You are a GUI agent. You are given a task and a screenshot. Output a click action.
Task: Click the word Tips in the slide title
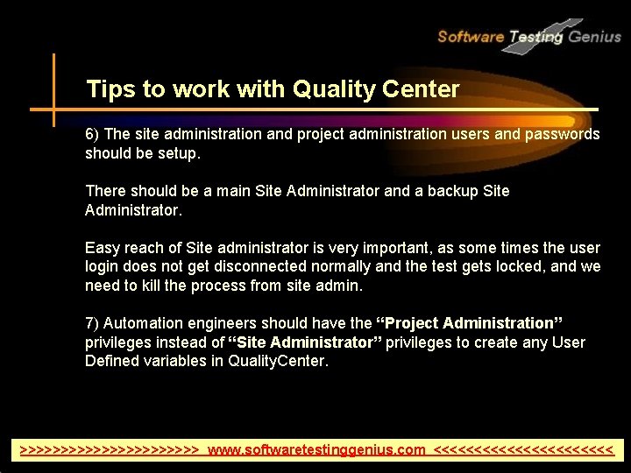click(x=108, y=89)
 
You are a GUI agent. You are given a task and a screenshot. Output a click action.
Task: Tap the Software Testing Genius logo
click(x=528, y=37)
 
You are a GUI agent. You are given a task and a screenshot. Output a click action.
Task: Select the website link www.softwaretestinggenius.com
click(x=316, y=450)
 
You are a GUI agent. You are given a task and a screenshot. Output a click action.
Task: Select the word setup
click(x=181, y=154)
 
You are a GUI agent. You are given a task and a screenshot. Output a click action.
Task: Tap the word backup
click(x=451, y=191)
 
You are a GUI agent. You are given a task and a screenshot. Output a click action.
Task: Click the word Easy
click(x=102, y=248)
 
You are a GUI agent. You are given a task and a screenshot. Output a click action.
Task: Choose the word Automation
click(x=143, y=324)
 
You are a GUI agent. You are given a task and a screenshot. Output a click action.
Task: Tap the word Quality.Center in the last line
click(x=278, y=362)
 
